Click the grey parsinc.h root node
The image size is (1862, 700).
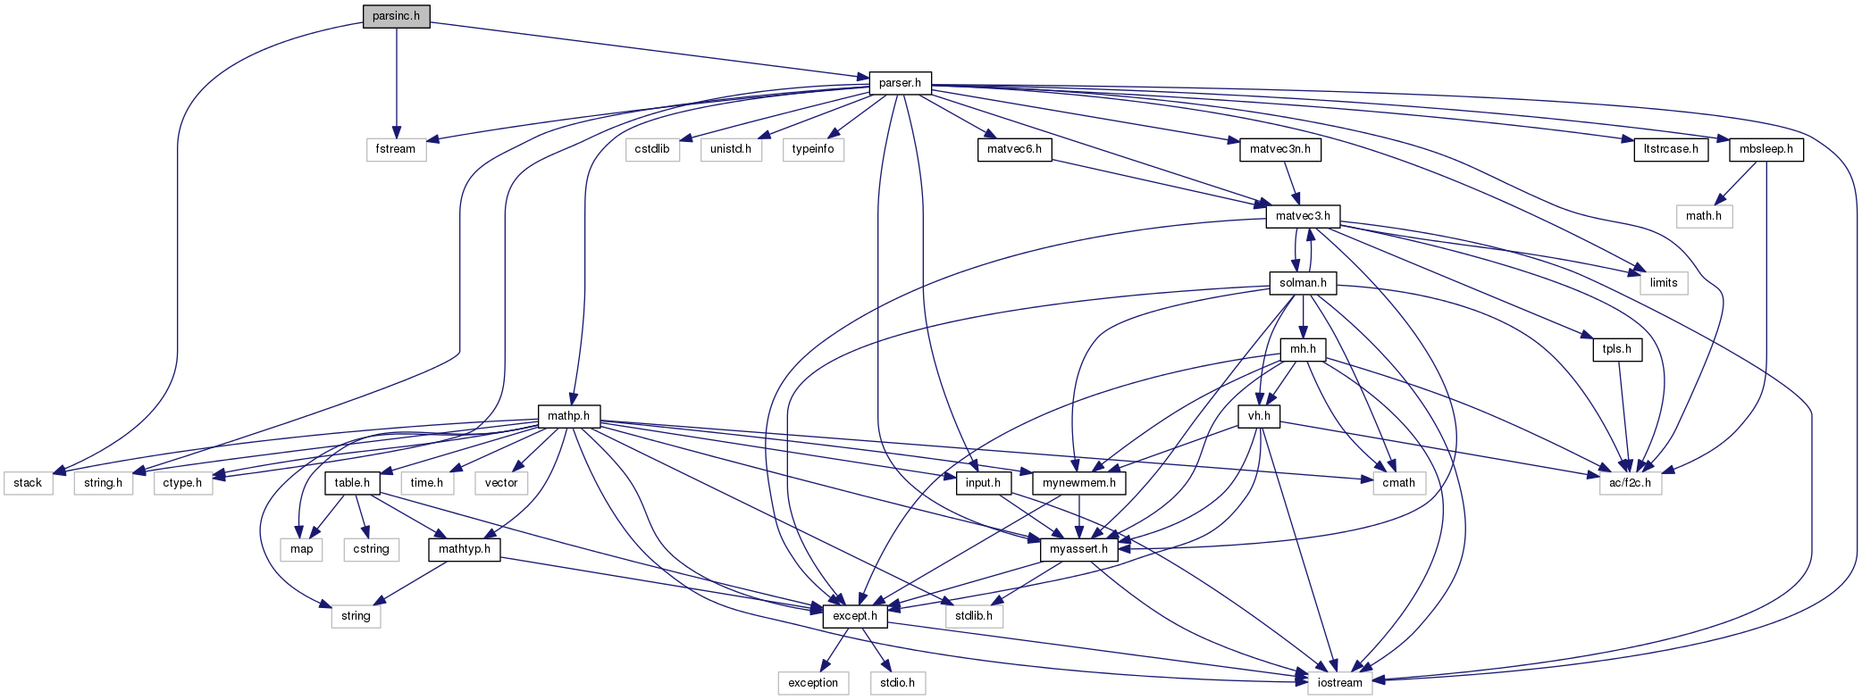[x=396, y=16]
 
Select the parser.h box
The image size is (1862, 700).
[x=900, y=83]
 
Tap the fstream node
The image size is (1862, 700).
[x=396, y=149]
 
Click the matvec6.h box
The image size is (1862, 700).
[x=1014, y=149]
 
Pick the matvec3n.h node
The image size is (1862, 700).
[x=1279, y=149]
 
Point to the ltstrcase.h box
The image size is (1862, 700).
[x=1671, y=149]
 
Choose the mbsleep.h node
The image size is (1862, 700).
[x=1766, y=149]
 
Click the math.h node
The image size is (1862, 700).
[x=1703, y=216]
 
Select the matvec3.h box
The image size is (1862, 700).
[x=1303, y=216]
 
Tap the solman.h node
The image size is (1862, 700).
[x=1303, y=283]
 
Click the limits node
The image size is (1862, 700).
[x=1663, y=283]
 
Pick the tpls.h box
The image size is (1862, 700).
[x=1616, y=349]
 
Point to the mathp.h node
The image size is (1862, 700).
[x=568, y=416]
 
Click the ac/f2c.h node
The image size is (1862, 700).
[x=1631, y=483]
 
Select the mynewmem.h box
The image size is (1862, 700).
[x=1078, y=483]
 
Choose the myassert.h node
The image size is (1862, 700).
[x=1078, y=549]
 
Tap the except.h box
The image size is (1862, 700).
[x=855, y=616]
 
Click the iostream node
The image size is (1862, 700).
[x=1340, y=683]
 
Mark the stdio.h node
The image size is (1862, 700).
[x=897, y=683]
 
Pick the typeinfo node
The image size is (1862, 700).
[x=813, y=149]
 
